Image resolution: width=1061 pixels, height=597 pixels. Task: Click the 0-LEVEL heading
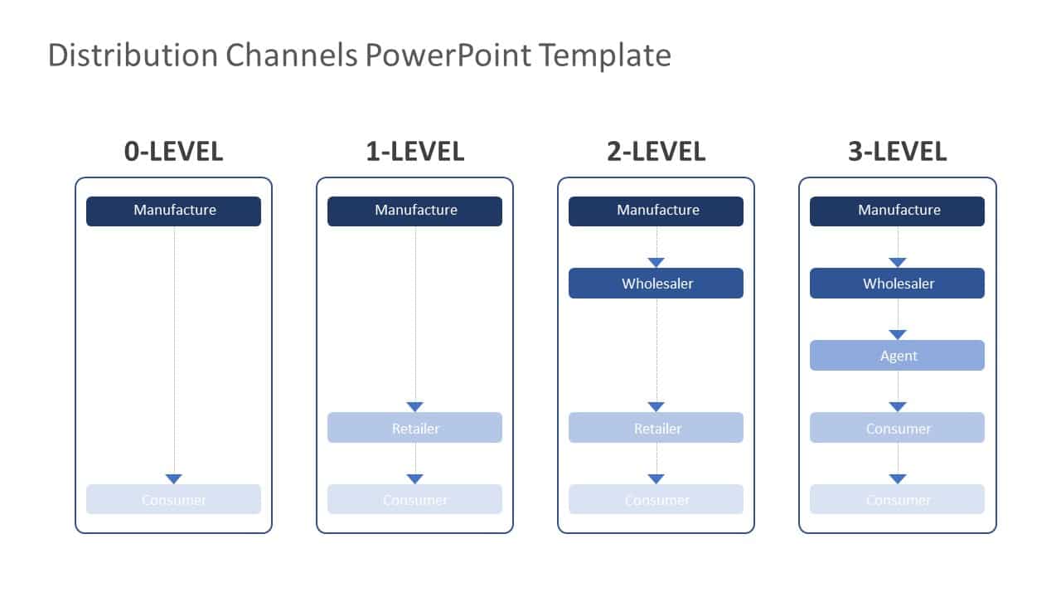coord(173,151)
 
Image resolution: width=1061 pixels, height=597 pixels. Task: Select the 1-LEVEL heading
coord(414,151)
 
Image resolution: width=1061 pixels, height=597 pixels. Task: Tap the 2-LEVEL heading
coord(656,151)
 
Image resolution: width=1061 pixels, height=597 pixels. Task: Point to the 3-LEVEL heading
coord(897,151)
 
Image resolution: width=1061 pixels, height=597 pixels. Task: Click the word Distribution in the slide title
coord(133,56)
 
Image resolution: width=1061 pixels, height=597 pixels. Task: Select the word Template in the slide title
coord(604,56)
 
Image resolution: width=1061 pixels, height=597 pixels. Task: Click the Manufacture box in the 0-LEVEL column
coord(173,211)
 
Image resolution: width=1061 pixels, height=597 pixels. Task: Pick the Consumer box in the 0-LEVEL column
coord(173,499)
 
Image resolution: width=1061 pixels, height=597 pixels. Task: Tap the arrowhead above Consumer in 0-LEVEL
coord(173,478)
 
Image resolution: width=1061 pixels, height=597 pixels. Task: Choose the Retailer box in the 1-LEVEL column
coord(414,428)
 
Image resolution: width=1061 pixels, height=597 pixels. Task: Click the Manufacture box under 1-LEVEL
coord(414,211)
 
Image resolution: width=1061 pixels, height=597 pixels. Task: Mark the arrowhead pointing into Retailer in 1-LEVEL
coord(414,406)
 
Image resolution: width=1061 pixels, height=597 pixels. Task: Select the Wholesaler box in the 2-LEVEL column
coord(656,283)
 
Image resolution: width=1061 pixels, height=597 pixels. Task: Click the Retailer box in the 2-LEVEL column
coord(656,428)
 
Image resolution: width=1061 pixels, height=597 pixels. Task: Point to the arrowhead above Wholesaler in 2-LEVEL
coord(656,262)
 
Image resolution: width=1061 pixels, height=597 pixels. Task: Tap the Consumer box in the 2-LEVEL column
coord(656,499)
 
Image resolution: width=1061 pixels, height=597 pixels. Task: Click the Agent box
coord(897,355)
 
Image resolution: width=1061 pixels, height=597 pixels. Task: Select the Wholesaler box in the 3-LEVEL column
coord(897,283)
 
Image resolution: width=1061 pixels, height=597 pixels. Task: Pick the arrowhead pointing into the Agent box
coord(897,334)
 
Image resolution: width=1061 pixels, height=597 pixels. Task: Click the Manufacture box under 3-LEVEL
coord(897,211)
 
